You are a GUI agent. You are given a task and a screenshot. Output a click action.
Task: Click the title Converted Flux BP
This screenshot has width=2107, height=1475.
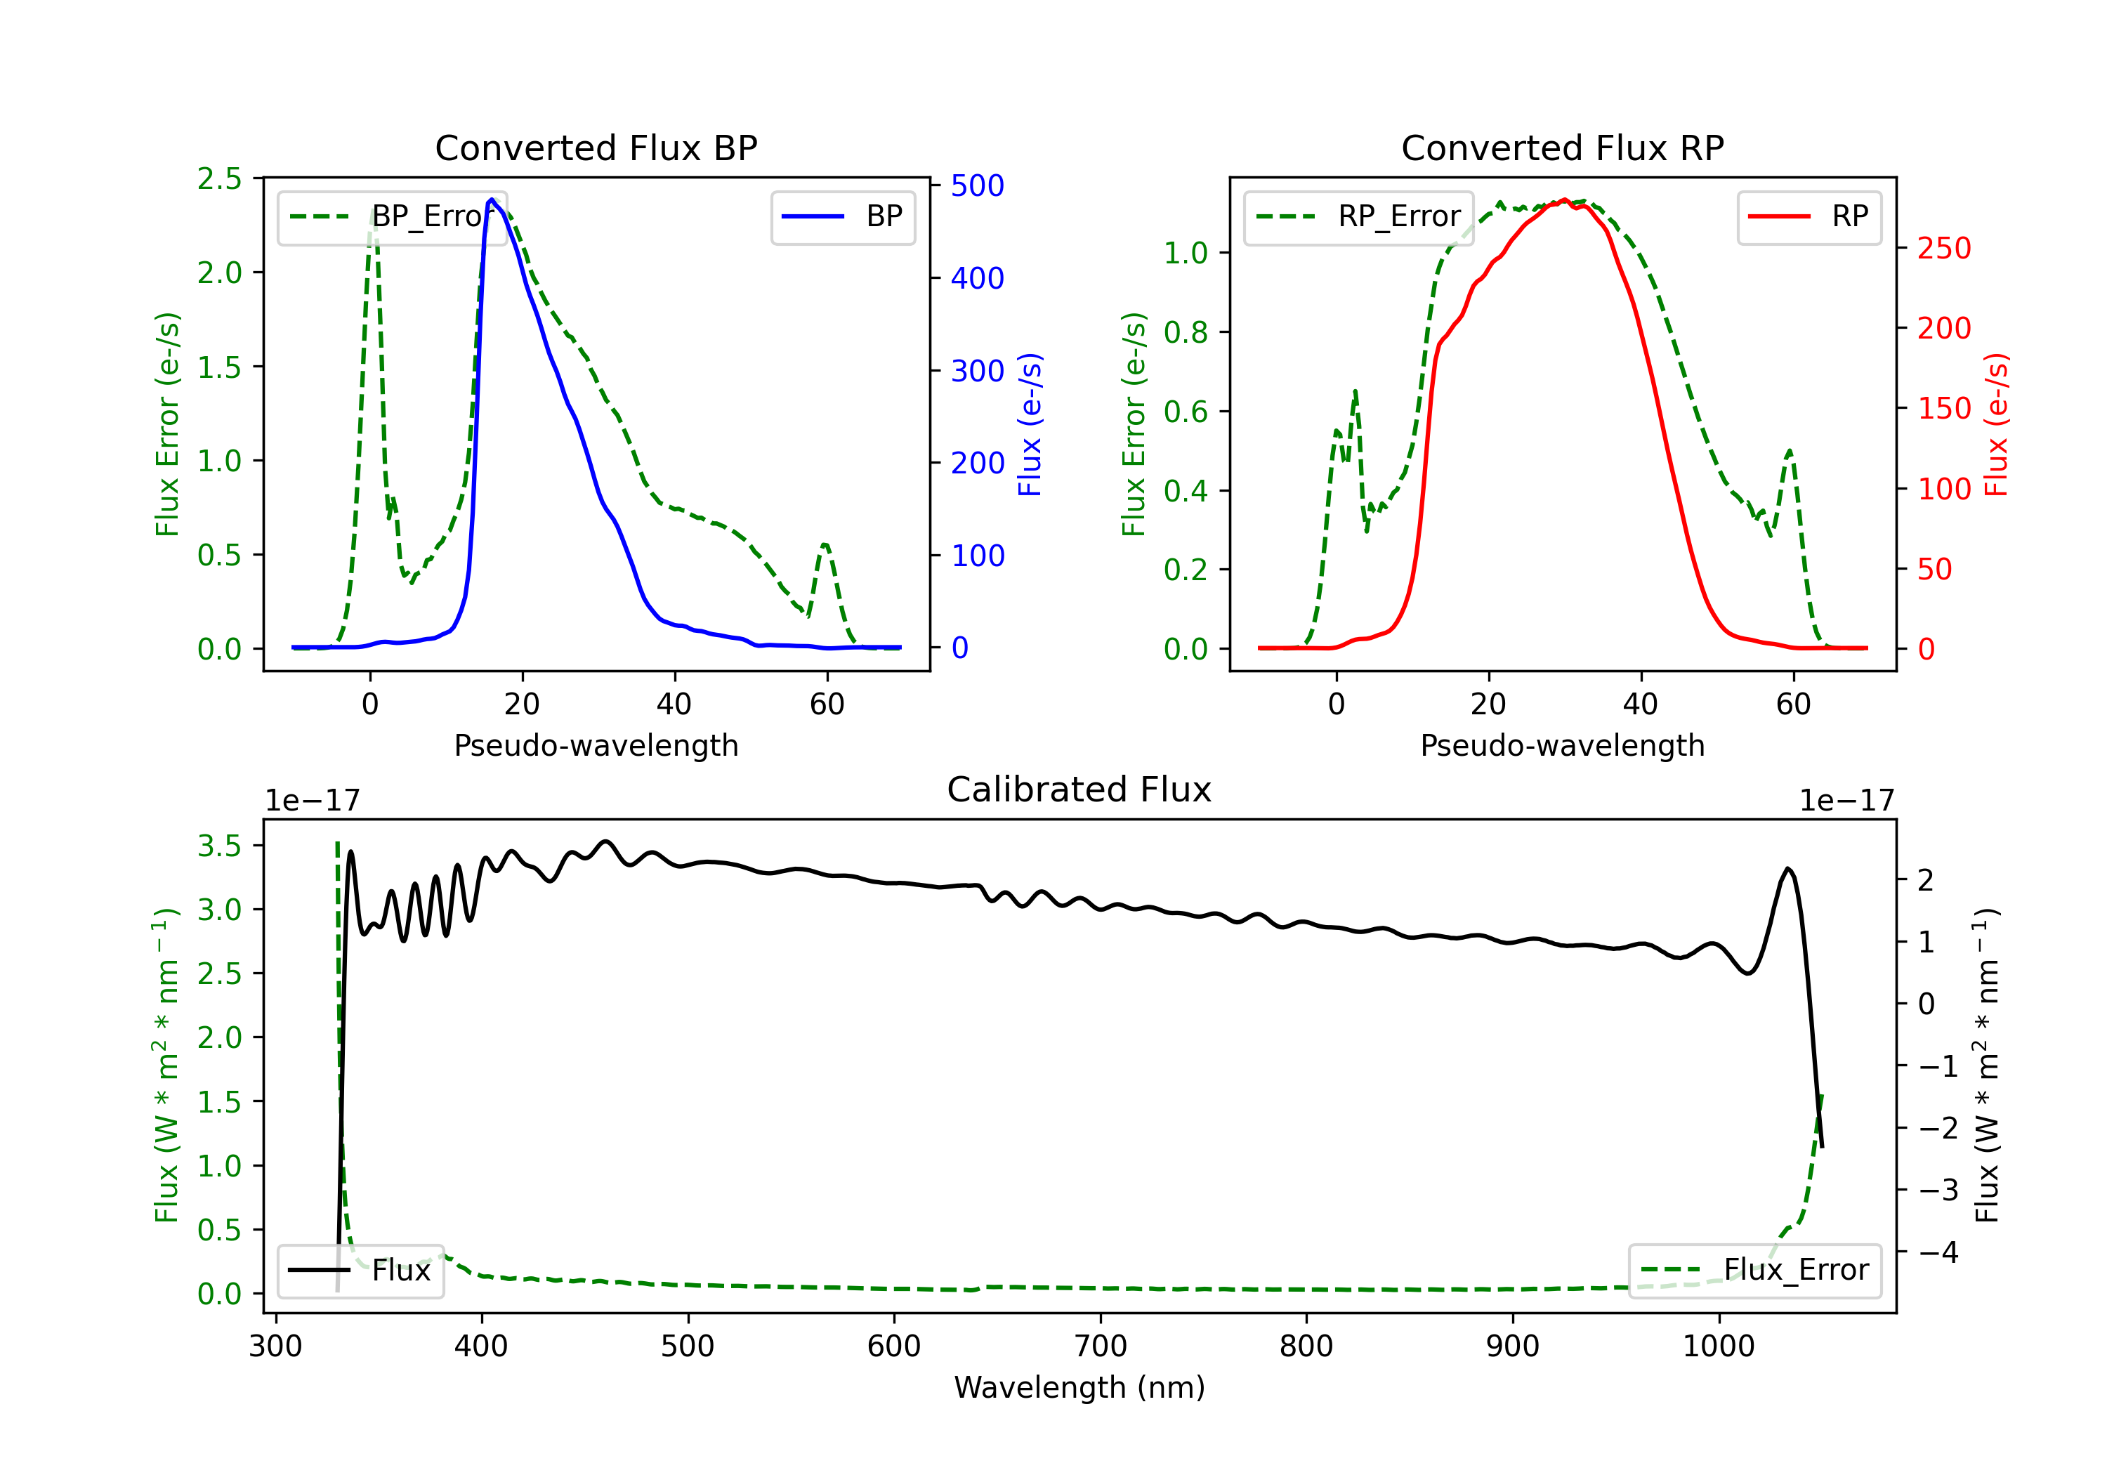pyautogui.click(x=596, y=147)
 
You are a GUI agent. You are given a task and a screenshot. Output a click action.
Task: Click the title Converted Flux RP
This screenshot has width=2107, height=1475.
pyautogui.click(x=1562, y=147)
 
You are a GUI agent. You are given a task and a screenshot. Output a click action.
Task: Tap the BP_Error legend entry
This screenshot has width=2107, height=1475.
pyautogui.click(x=393, y=216)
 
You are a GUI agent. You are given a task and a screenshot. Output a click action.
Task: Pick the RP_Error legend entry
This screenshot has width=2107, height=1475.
pyautogui.click(x=1358, y=216)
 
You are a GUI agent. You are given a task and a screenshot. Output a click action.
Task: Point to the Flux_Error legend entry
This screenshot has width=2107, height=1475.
pyautogui.click(x=1754, y=1271)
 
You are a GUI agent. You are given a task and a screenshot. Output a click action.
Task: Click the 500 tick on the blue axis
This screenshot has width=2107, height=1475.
pyautogui.click(x=978, y=185)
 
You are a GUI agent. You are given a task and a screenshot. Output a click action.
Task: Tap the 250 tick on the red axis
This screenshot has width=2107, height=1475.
pyautogui.click(x=1943, y=248)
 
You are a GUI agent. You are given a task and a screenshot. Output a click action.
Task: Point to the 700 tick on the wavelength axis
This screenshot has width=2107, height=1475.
pyautogui.click(x=1101, y=1346)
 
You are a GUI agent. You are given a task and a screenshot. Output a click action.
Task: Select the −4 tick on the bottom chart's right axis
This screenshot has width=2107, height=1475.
pyautogui.click(x=1938, y=1252)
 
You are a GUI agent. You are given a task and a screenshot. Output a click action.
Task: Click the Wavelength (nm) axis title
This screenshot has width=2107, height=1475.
pyautogui.click(x=1079, y=1387)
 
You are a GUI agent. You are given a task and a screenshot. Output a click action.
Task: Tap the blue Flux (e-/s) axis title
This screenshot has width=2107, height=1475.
pyautogui.click(x=1030, y=425)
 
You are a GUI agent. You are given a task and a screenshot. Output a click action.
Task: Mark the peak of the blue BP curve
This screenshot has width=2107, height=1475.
pyautogui.click(x=492, y=199)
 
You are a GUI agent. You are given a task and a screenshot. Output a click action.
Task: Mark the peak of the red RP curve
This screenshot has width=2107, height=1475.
pyautogui.click(x=1565, y=199)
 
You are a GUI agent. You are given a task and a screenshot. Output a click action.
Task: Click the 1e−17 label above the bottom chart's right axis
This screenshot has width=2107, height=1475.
pyautogui.click(x=1846, y=801)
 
